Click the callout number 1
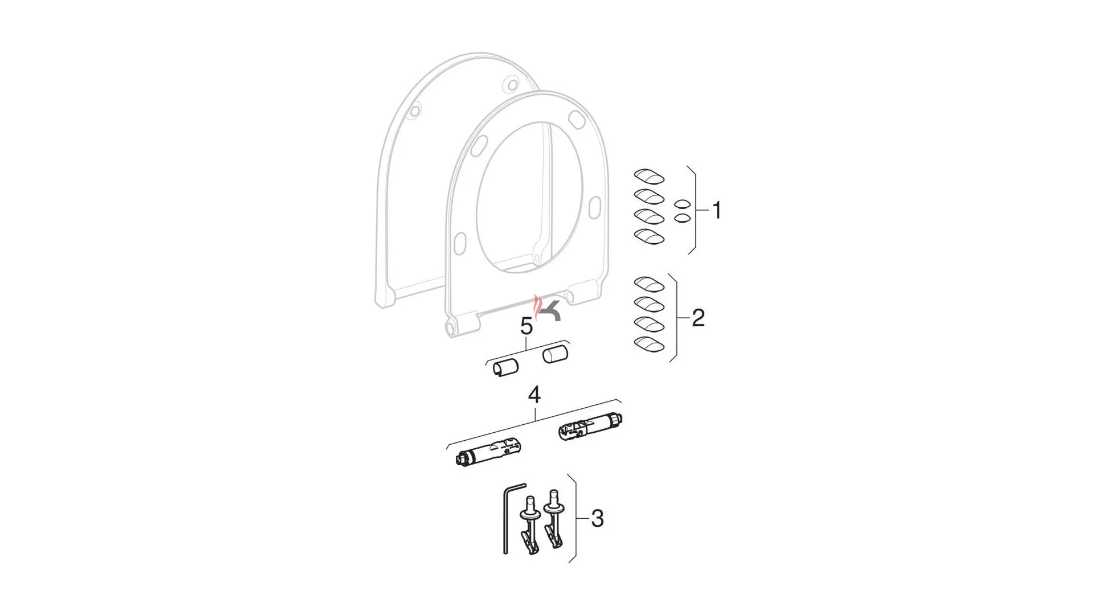tap(717, 210)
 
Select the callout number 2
tap(698, 318)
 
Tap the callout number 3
tap(597, 519)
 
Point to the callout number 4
tap(534, 395)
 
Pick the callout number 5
tap(526, 327)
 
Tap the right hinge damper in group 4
tap(591, 427)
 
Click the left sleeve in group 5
tap(505, 367)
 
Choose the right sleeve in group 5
tap(556, 354)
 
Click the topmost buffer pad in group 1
tap(649, 176)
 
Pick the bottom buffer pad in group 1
tap(649, 236)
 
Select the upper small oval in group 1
tap(682, 204)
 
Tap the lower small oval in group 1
tap(682, 218)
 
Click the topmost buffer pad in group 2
tap(649, 284)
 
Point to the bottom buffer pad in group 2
tap(649, 344)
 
